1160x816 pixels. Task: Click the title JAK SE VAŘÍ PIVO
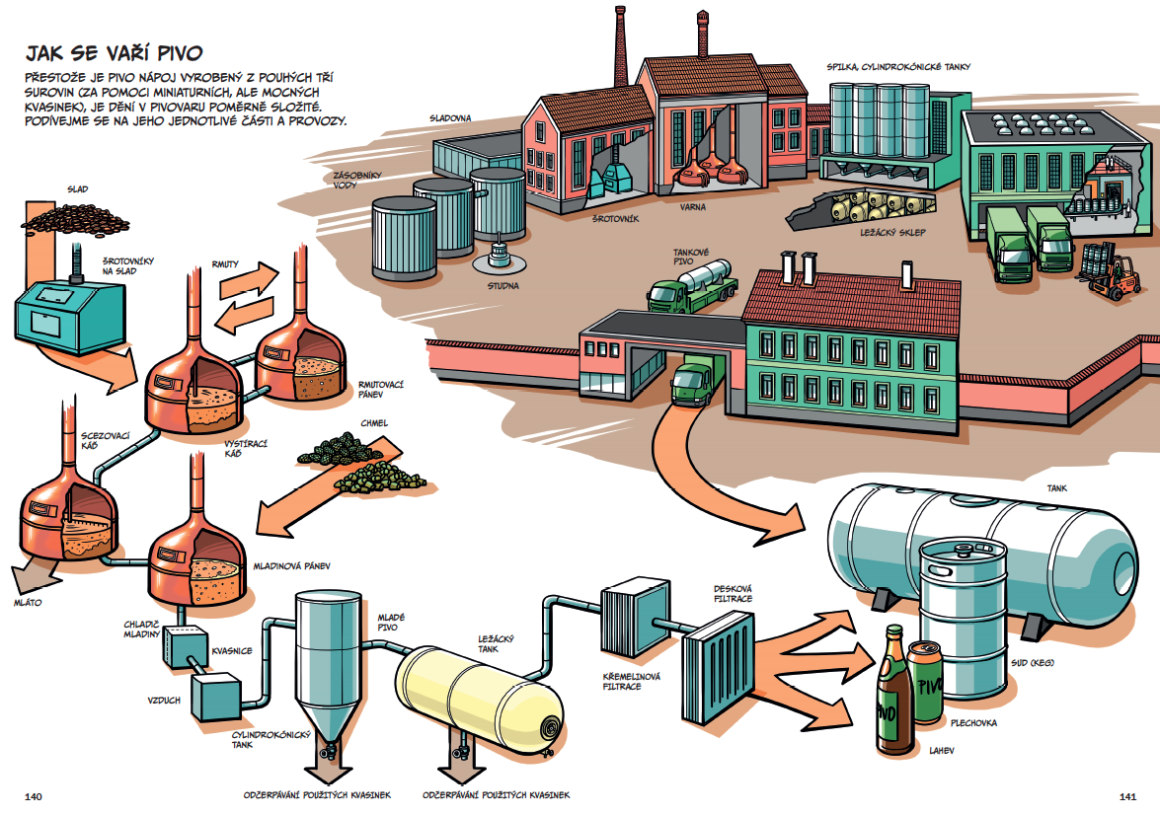pos(114,53)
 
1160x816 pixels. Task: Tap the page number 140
pos(34,797)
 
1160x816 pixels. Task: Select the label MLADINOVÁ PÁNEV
pos(291,566)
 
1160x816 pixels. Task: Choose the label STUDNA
pos(503,285)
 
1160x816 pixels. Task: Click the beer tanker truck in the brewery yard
pos(692,287)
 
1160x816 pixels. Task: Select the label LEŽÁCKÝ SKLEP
pos(892,232)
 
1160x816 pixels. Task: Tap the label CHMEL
pos(374,423)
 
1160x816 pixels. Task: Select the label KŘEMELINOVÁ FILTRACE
pos(631,682)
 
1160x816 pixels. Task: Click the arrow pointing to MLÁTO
pos(33,575)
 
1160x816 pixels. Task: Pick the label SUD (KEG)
pos(1033,663)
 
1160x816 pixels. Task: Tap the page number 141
pos(1127,797)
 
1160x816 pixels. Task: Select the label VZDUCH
pos(164,700)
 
